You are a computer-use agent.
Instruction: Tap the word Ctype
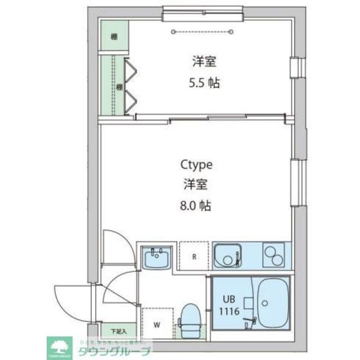[196, 164]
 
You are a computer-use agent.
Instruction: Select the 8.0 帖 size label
[196, 206]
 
